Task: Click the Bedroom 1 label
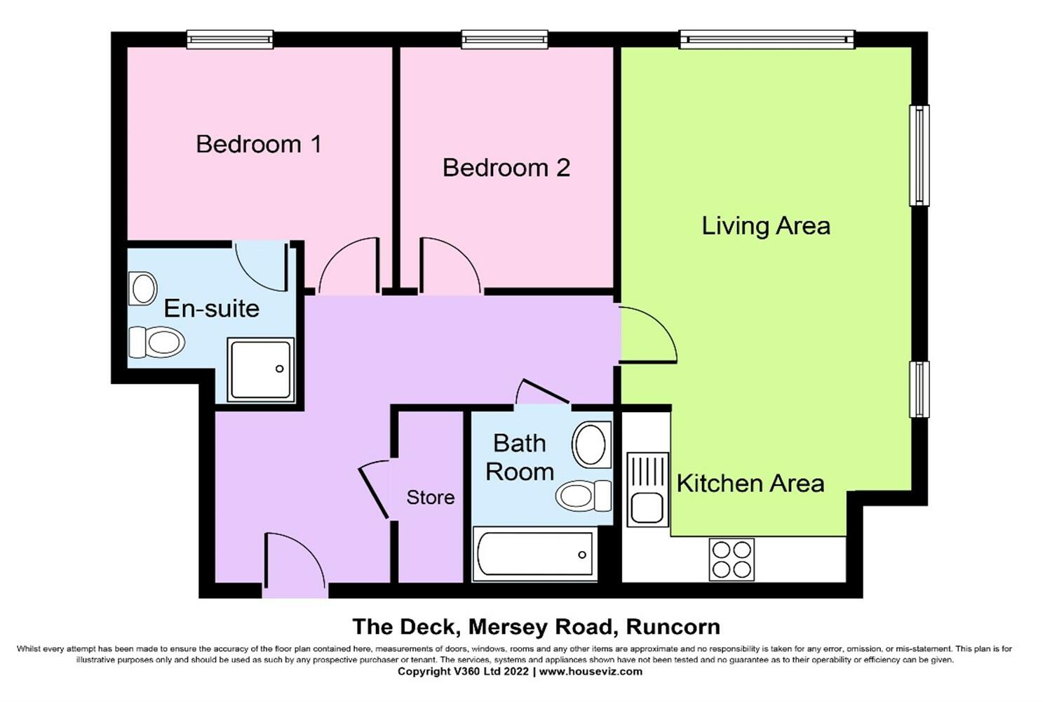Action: [259, 144]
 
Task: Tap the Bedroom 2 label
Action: [506, 168]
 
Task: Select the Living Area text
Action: [766, 226]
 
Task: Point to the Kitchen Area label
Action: [750, 484]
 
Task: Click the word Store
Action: [430, 498]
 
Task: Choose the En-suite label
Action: [211, 309]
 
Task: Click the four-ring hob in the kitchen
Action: [731, 559]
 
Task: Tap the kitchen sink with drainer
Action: [647, 489]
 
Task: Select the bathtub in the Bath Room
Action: [534, 554]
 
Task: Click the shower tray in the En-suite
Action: [261, 369]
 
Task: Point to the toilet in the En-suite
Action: [156, 342]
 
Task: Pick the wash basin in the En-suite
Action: [143, 289]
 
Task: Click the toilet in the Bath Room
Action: [583, 496]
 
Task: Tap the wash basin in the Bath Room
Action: [591, 444]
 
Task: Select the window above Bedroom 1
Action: [230, 39]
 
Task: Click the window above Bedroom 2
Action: [505, 39]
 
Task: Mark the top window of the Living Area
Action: [767, 39]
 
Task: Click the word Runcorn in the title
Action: [673, 627]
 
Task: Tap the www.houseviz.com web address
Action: [591, 672]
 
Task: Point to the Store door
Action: [373, 489]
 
